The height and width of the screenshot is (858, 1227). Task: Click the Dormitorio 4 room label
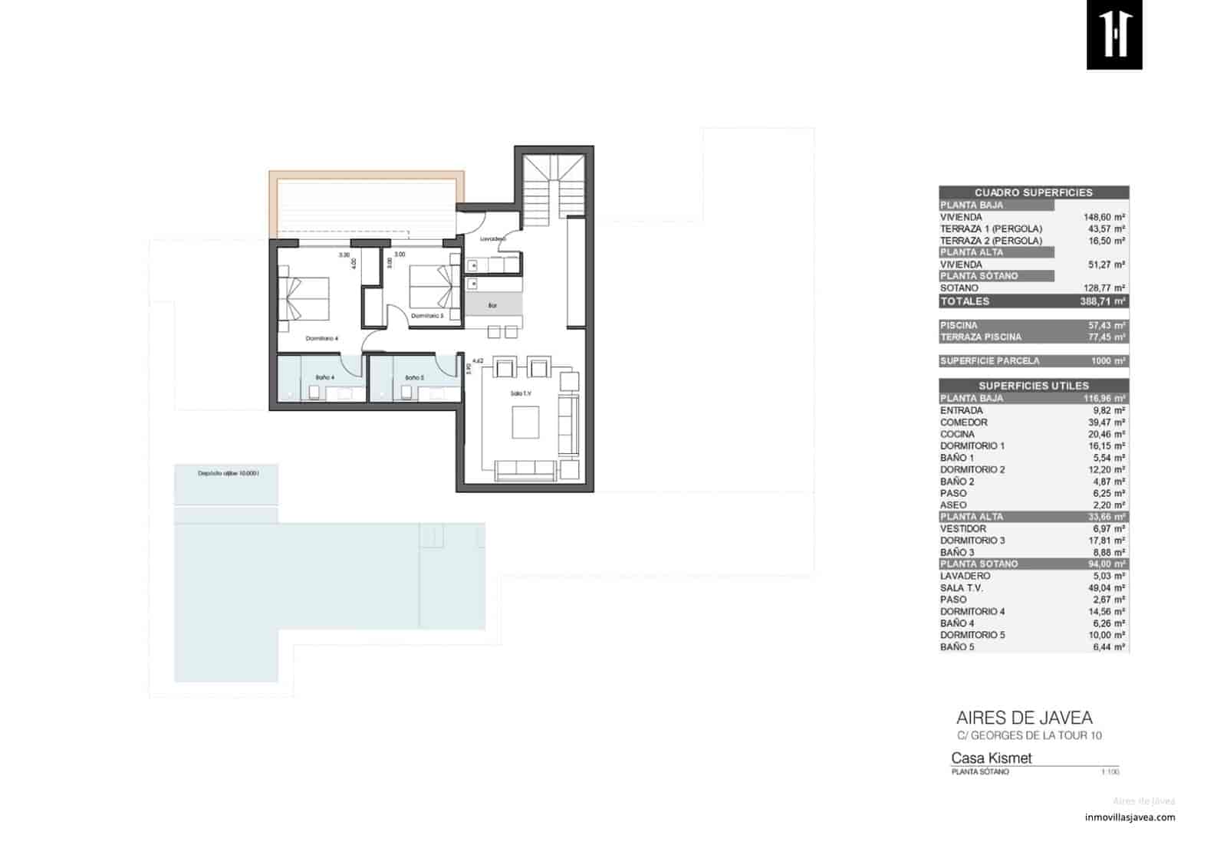(x=321, y=338)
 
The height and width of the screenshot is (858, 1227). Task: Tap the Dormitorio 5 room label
(x=427, y=316)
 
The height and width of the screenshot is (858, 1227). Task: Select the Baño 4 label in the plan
(x=324, y=377)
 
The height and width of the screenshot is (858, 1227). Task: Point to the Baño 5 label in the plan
(x=414, y=377)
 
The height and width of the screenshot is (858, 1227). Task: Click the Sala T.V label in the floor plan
(x=521, y=393)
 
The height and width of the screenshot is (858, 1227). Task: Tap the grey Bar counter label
(x=493, y=305)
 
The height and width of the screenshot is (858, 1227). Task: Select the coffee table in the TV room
(x=525, y=422)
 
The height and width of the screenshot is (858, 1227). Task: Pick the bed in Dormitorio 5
(x=434, y=285)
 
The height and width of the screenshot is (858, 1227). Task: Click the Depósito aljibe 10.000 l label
(x=229, y=473)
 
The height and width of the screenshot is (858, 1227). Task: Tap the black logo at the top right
(x=1114, y=35)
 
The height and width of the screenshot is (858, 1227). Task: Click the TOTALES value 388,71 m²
(x=1101, y=301)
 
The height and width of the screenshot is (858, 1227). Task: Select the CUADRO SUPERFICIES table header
(x=1033, y=192)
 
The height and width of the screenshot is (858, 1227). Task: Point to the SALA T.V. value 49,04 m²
(x=1108, y=588)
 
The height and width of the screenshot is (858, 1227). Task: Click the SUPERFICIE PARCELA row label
(x=989, y=361)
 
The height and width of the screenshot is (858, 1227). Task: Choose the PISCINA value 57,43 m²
(x=1108, y=325)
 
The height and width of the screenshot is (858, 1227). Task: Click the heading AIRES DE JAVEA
(x=1024, y=718)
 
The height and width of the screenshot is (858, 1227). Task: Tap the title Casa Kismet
(x=991, y=758)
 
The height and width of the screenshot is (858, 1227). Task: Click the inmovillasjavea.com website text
(x=1130, y=817)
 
